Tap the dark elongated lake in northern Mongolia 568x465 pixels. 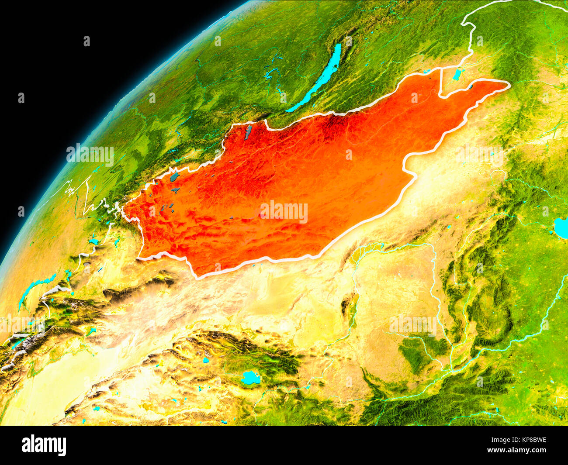click(248, 132)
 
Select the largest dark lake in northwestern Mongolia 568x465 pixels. click(174, 177)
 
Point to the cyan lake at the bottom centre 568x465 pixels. click(250, 378)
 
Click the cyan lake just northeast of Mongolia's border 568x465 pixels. click(457, 75)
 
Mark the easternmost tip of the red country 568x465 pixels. click(509, 85)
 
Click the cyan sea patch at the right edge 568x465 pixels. click(561, 226)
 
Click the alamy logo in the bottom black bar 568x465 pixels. click(44, 445)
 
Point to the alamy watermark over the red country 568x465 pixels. click(284, 212)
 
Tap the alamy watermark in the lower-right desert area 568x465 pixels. click(412, 324)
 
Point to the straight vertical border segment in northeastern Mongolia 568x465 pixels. click(440, 83)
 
